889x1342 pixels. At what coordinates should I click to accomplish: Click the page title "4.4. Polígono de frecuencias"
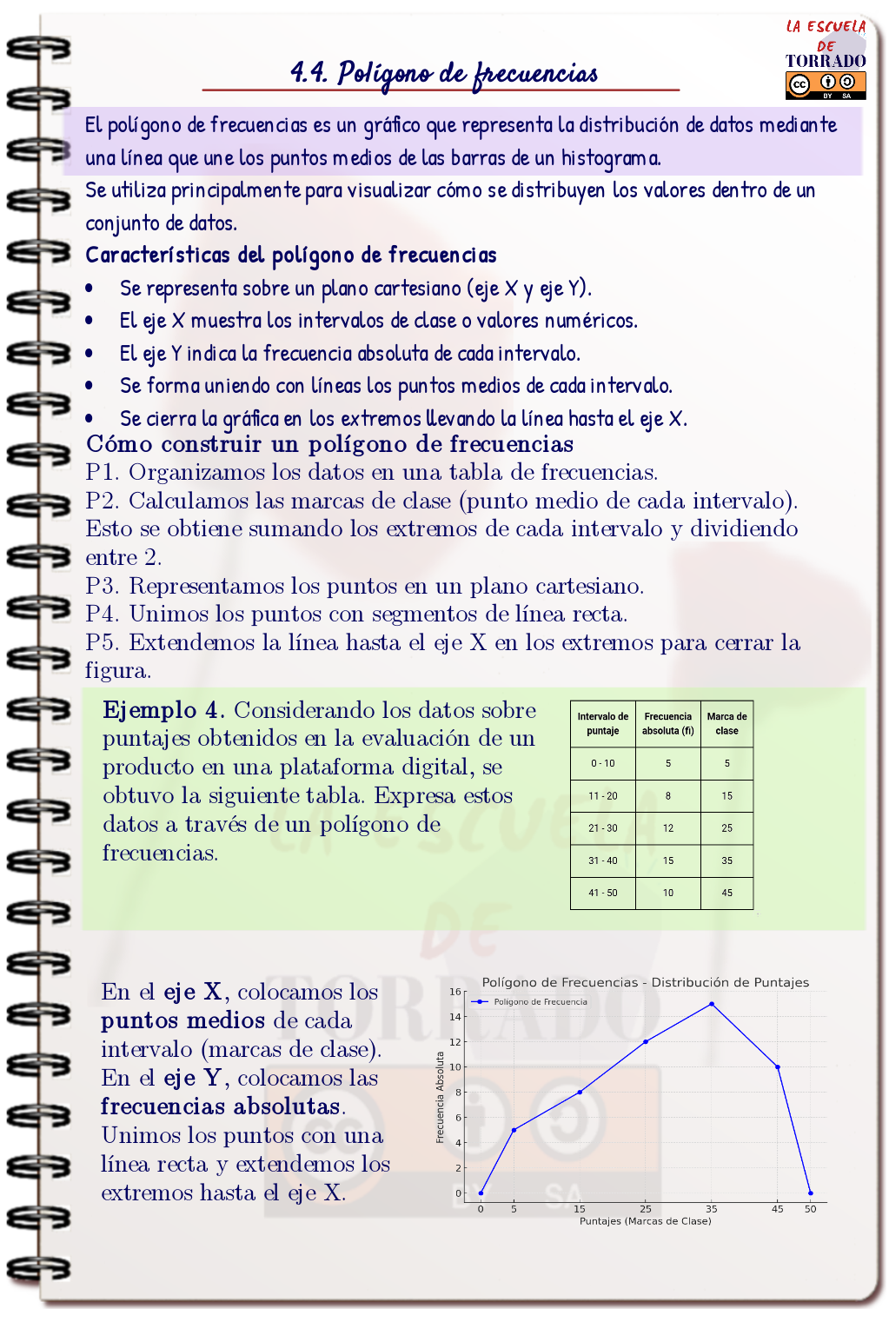(444, 73)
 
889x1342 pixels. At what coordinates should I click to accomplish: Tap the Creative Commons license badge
(826, 84)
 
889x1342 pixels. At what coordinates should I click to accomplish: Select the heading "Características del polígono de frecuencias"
(291, 255)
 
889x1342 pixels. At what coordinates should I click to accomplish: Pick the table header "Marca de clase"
(726, 723)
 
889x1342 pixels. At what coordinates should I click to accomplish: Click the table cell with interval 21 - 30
(602, 827)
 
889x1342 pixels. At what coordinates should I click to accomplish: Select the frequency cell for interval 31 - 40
(667, 860)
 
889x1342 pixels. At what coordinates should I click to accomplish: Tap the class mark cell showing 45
(726, 893)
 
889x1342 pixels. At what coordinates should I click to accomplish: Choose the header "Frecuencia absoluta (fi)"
(667, 723)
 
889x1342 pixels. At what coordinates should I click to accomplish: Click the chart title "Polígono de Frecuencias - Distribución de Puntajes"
(645, 982)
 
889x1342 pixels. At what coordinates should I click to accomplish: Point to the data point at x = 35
(712, 1004)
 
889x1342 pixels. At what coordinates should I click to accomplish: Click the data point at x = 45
(778, 1067)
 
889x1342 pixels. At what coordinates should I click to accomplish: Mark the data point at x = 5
(514, 1130)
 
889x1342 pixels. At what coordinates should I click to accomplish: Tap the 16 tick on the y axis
(455, 992)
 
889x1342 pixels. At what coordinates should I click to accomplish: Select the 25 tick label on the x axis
(646, 1209)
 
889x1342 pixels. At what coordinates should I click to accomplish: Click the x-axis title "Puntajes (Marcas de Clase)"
(645, 1221)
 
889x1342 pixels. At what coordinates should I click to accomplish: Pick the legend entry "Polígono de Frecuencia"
(540, 1002)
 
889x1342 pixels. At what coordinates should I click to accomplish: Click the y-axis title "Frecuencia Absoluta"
(441, 1097)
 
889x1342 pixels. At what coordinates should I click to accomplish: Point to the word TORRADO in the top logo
(826, 61)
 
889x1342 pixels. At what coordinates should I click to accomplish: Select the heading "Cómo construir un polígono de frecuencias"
(329, 444)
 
